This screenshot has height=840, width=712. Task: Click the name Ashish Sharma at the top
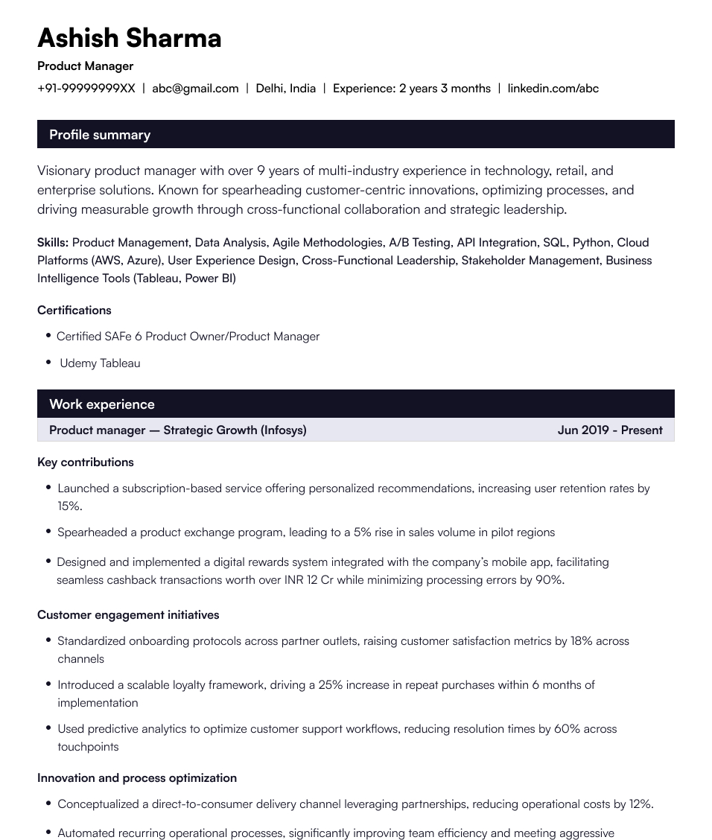pyautogui.click(x=129, y=38)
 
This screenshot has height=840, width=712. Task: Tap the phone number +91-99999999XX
pyautogui.click(x=86, y=89)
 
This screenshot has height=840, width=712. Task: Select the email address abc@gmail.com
pyautogui.click(x=195, y=89)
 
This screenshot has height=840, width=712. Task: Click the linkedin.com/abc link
pyautogui.click(x=553, y=89)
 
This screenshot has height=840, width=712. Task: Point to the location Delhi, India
pyautogui.click(x=285, y=89)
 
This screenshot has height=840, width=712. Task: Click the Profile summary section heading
pyautogui.click(x=100, y=135)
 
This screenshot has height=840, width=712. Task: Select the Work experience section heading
pyautogui.click(x=102, y=404)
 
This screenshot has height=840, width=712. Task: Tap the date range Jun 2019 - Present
pyautogui.click(x=609, y=430)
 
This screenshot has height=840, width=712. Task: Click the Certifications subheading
pyautogui.click(x=74, y=311)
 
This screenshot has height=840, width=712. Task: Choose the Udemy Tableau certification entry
pyautogui.click(x=100, y=363)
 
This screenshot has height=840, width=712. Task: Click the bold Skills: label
pyautogui.click(x=53, y=243)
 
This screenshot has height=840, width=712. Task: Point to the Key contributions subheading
pyautogui.click(x=86, y=462)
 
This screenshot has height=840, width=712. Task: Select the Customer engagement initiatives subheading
pyautogui.click(x=128, y=615)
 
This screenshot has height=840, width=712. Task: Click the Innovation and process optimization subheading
pyautogui.click(x=137, y=778)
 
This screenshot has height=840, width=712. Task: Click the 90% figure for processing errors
pyautogui.click(x=549, y=580)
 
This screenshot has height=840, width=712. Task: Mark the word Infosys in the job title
pyautogui.click(x=283, y=430)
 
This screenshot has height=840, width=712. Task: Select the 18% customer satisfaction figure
pyautogui.click(x=582, y=641)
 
